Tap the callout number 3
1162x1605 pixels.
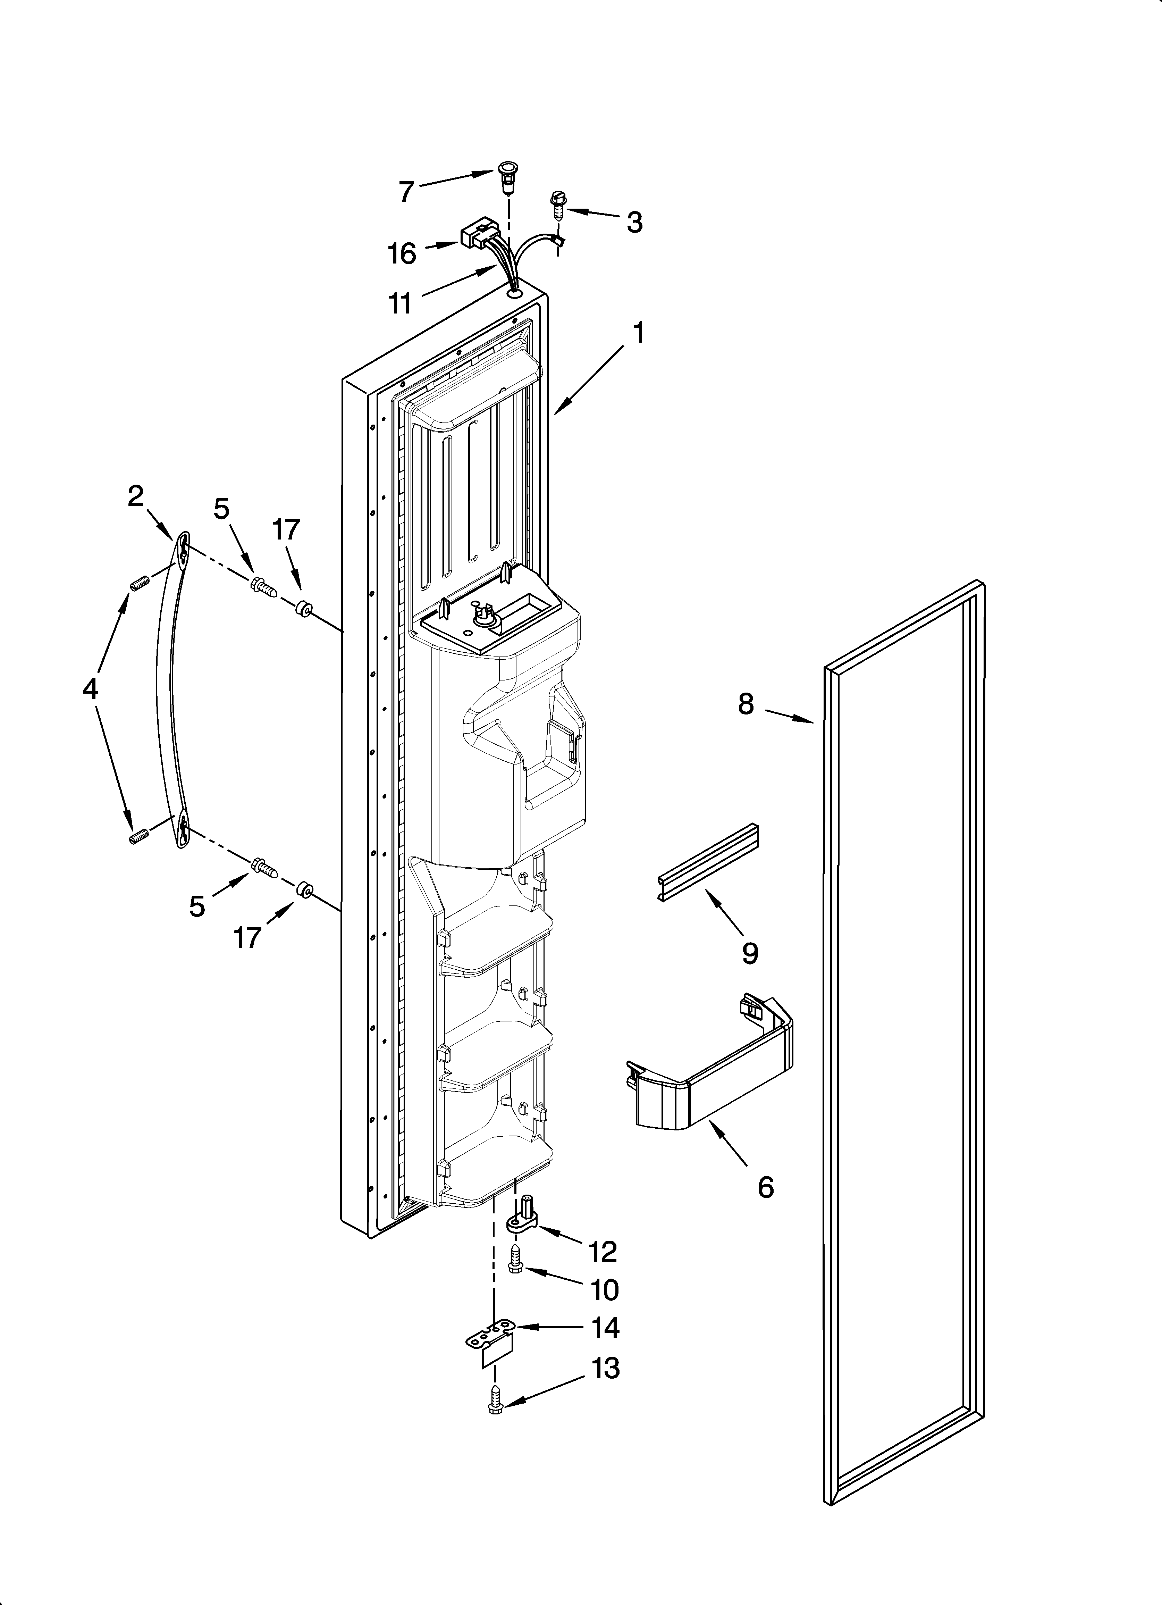[634, 222]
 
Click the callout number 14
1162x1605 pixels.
[606, 1328]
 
